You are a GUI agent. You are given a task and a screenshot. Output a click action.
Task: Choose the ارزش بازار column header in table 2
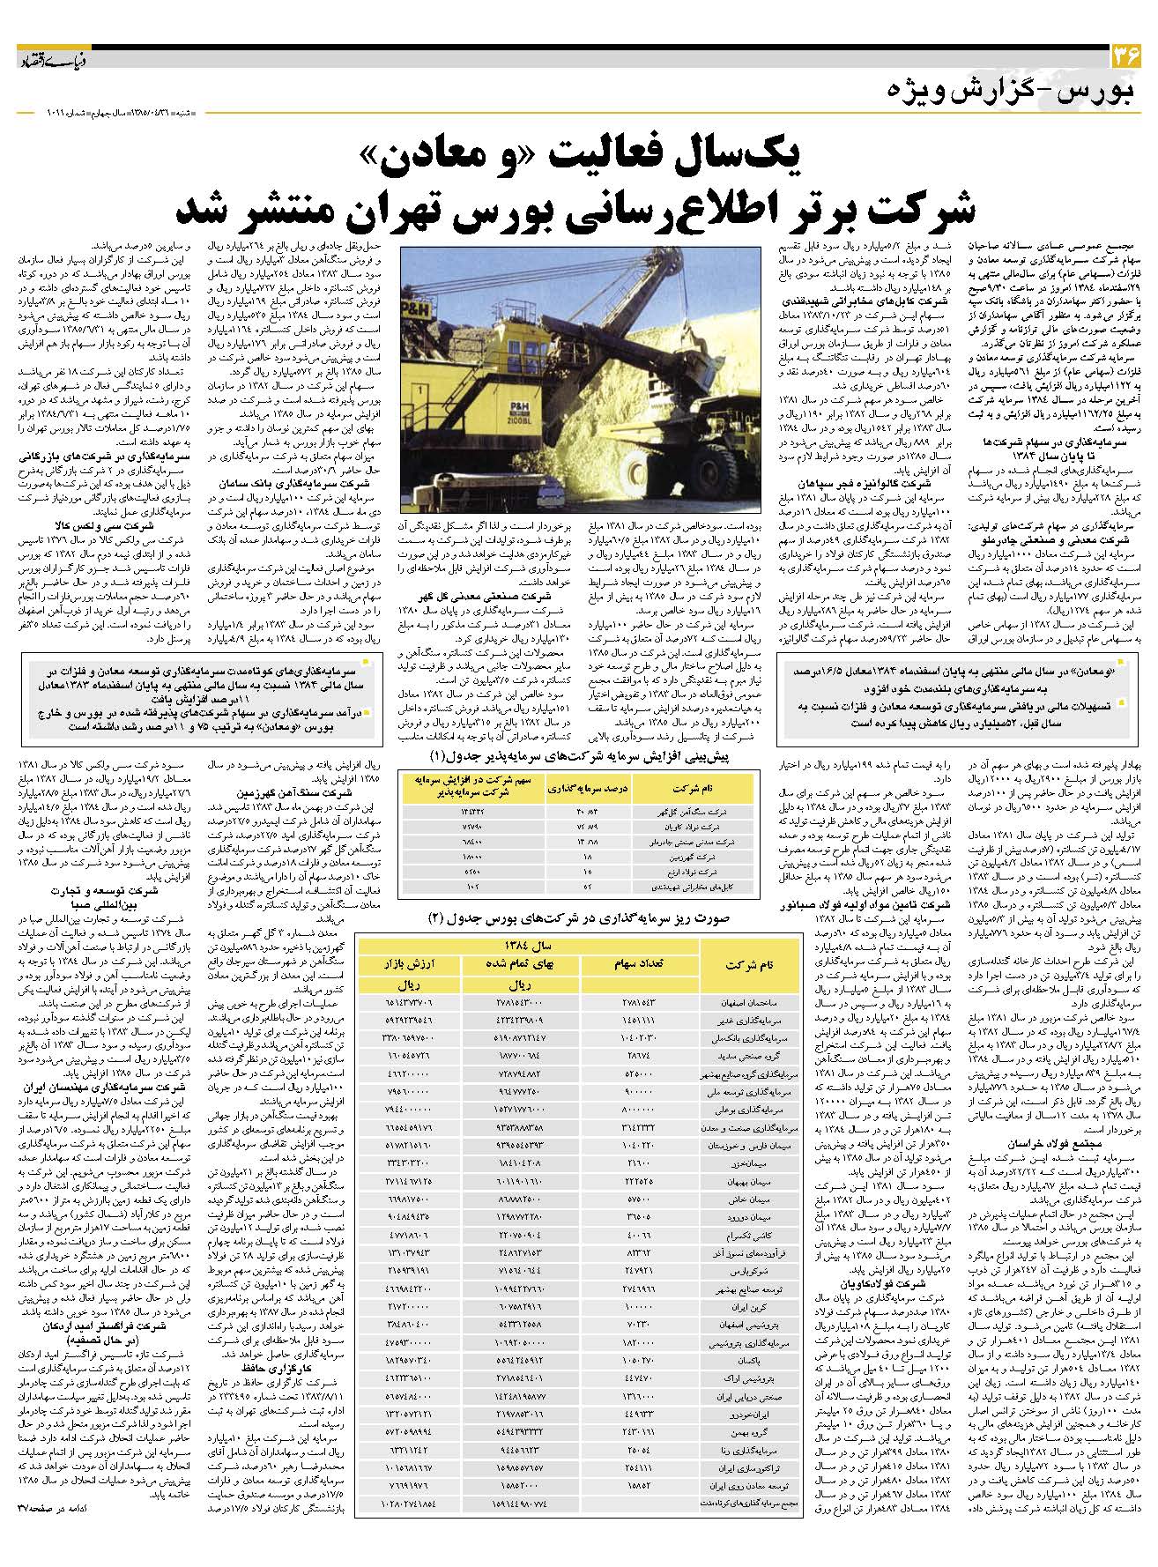click(x=408, y=963)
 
